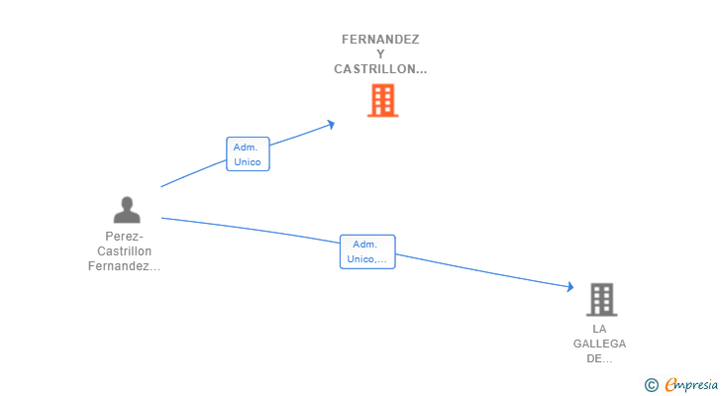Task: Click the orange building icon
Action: pos(382,100)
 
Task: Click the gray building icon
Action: pos(601,299)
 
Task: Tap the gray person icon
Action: pos(127,210)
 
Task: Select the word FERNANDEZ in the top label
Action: pos(380,40)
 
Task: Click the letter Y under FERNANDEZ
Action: pos(380,54)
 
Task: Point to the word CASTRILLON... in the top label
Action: pos(380,69)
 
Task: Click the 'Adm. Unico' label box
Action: pos(248,153)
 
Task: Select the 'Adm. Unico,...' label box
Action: pos(367,251)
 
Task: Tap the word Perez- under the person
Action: pos(125,237)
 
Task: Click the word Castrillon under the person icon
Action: pos(125,251)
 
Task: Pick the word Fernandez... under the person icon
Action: pos(125,266)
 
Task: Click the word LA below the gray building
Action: pos(599,329)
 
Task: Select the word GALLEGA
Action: pos(599,344)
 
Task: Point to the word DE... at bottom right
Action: pos(599,358)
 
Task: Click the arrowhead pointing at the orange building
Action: pos(331,124)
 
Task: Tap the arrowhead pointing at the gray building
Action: pos(569,287)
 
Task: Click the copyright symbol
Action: pos(651,385)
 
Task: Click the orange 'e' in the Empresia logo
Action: pos(670,385)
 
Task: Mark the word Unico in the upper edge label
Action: pos(248,160)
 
